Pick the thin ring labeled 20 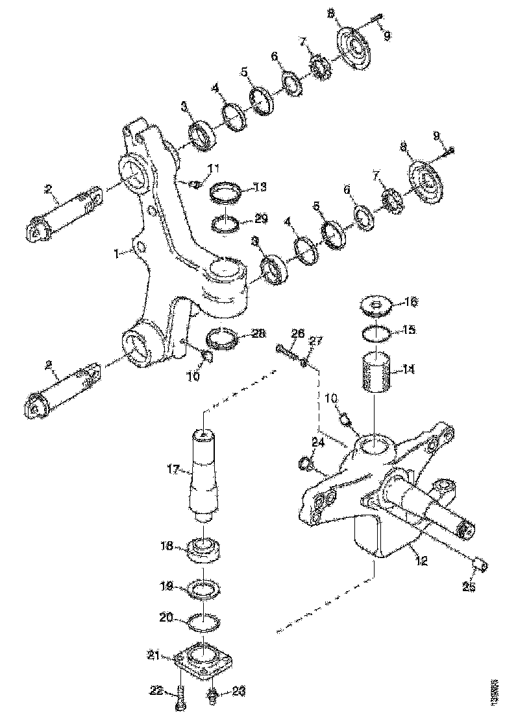(x=202, y=622)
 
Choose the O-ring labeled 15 (x=376, y=333)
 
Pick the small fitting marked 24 (x=307, y=463)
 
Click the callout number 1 (x=117, y=255)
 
